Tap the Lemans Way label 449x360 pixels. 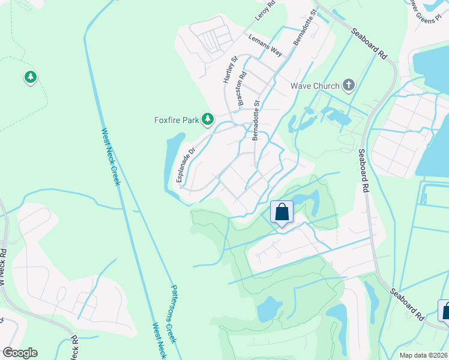click(265, 46)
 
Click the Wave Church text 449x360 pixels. click(315, 86)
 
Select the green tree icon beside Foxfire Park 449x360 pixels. click(208, 120)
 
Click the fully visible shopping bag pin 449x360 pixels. click(282, 212)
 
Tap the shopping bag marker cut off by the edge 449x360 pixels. click(444, 311)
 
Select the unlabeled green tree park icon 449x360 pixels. click(30, 77)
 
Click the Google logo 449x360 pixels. click(20, 353)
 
